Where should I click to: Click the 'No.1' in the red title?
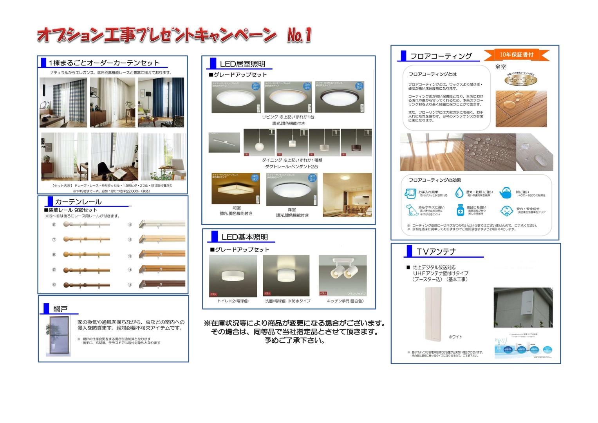(x=299, y=35)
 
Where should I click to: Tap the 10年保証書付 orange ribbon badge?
(x=517, y=55)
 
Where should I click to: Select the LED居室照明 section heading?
(x=242, y=64)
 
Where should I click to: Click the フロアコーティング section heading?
(x=441, y=56)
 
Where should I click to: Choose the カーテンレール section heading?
(x=78, y=202)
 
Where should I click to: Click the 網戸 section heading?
(x=60, y=309)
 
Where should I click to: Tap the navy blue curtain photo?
(x=161, y=102)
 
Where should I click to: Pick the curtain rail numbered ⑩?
(x=87, y=285)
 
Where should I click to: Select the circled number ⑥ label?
(x=54, y=225)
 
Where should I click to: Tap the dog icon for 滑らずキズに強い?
(x=411, y=210)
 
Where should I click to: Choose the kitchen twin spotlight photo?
(x=343, y=276)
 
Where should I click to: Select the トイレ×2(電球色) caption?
(x=233, y=301)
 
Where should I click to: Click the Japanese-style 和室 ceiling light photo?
(x=235, y=189)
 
